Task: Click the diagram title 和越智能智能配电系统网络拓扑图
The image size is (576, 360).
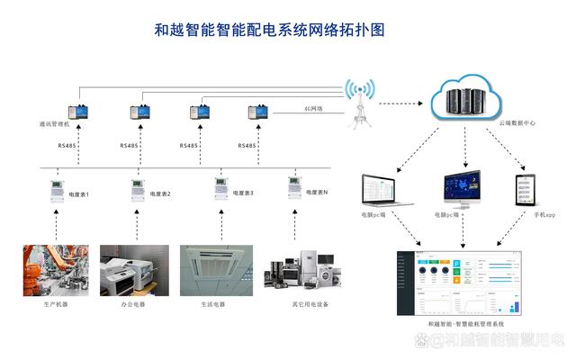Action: (269, 30)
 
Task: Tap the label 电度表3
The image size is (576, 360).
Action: (240, 193)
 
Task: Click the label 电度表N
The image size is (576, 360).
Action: (317, 193)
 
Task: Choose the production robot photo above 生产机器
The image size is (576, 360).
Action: (50, 271)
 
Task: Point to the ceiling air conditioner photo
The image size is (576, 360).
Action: (212, 271)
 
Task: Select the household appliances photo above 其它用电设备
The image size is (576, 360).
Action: (299, 270)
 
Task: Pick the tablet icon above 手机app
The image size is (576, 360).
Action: (526, 189)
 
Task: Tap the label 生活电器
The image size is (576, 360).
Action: (212, 305)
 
